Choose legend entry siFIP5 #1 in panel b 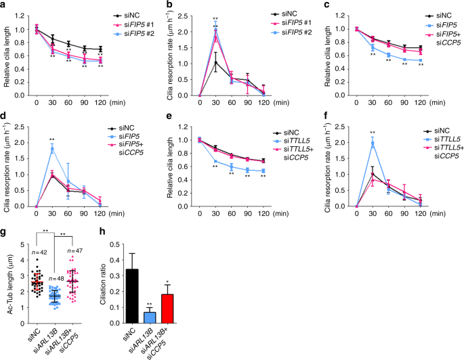(285, 21)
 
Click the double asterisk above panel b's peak (215, 18)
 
